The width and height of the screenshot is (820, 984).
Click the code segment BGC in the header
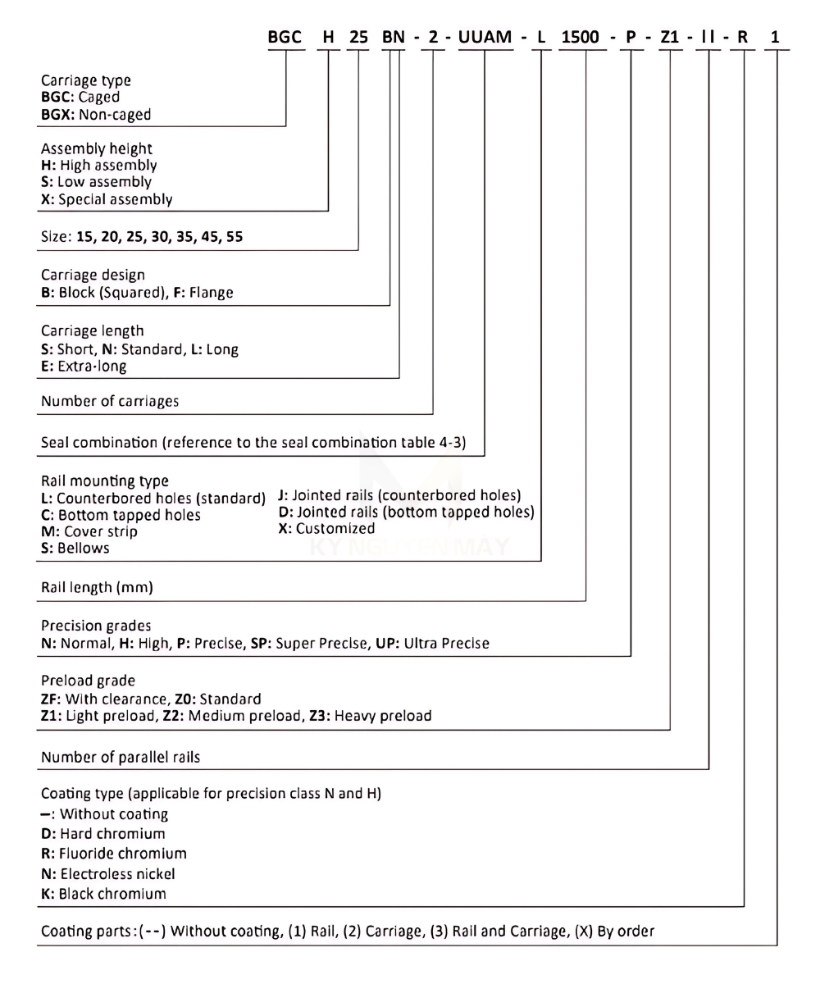[x=285, y=39]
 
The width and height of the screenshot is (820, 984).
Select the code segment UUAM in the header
[x=485, y=39]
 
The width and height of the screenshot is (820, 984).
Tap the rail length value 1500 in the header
[x=585, y=39]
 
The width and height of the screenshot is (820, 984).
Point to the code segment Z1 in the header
[x=670, y=39]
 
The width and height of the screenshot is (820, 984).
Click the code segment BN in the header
[x=394, y=39]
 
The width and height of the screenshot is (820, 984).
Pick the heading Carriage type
[x=85, y=80]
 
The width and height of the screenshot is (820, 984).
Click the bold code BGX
[x=58, y=115]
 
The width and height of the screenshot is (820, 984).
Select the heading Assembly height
[x=96, y=148]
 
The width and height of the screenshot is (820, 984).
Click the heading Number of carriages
[x=109, y=402]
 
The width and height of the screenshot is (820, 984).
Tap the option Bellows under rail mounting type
[x=84, y=549]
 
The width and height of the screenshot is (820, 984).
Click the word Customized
[x=335, y=529]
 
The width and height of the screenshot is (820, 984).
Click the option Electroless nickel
[x=116, y=874]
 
